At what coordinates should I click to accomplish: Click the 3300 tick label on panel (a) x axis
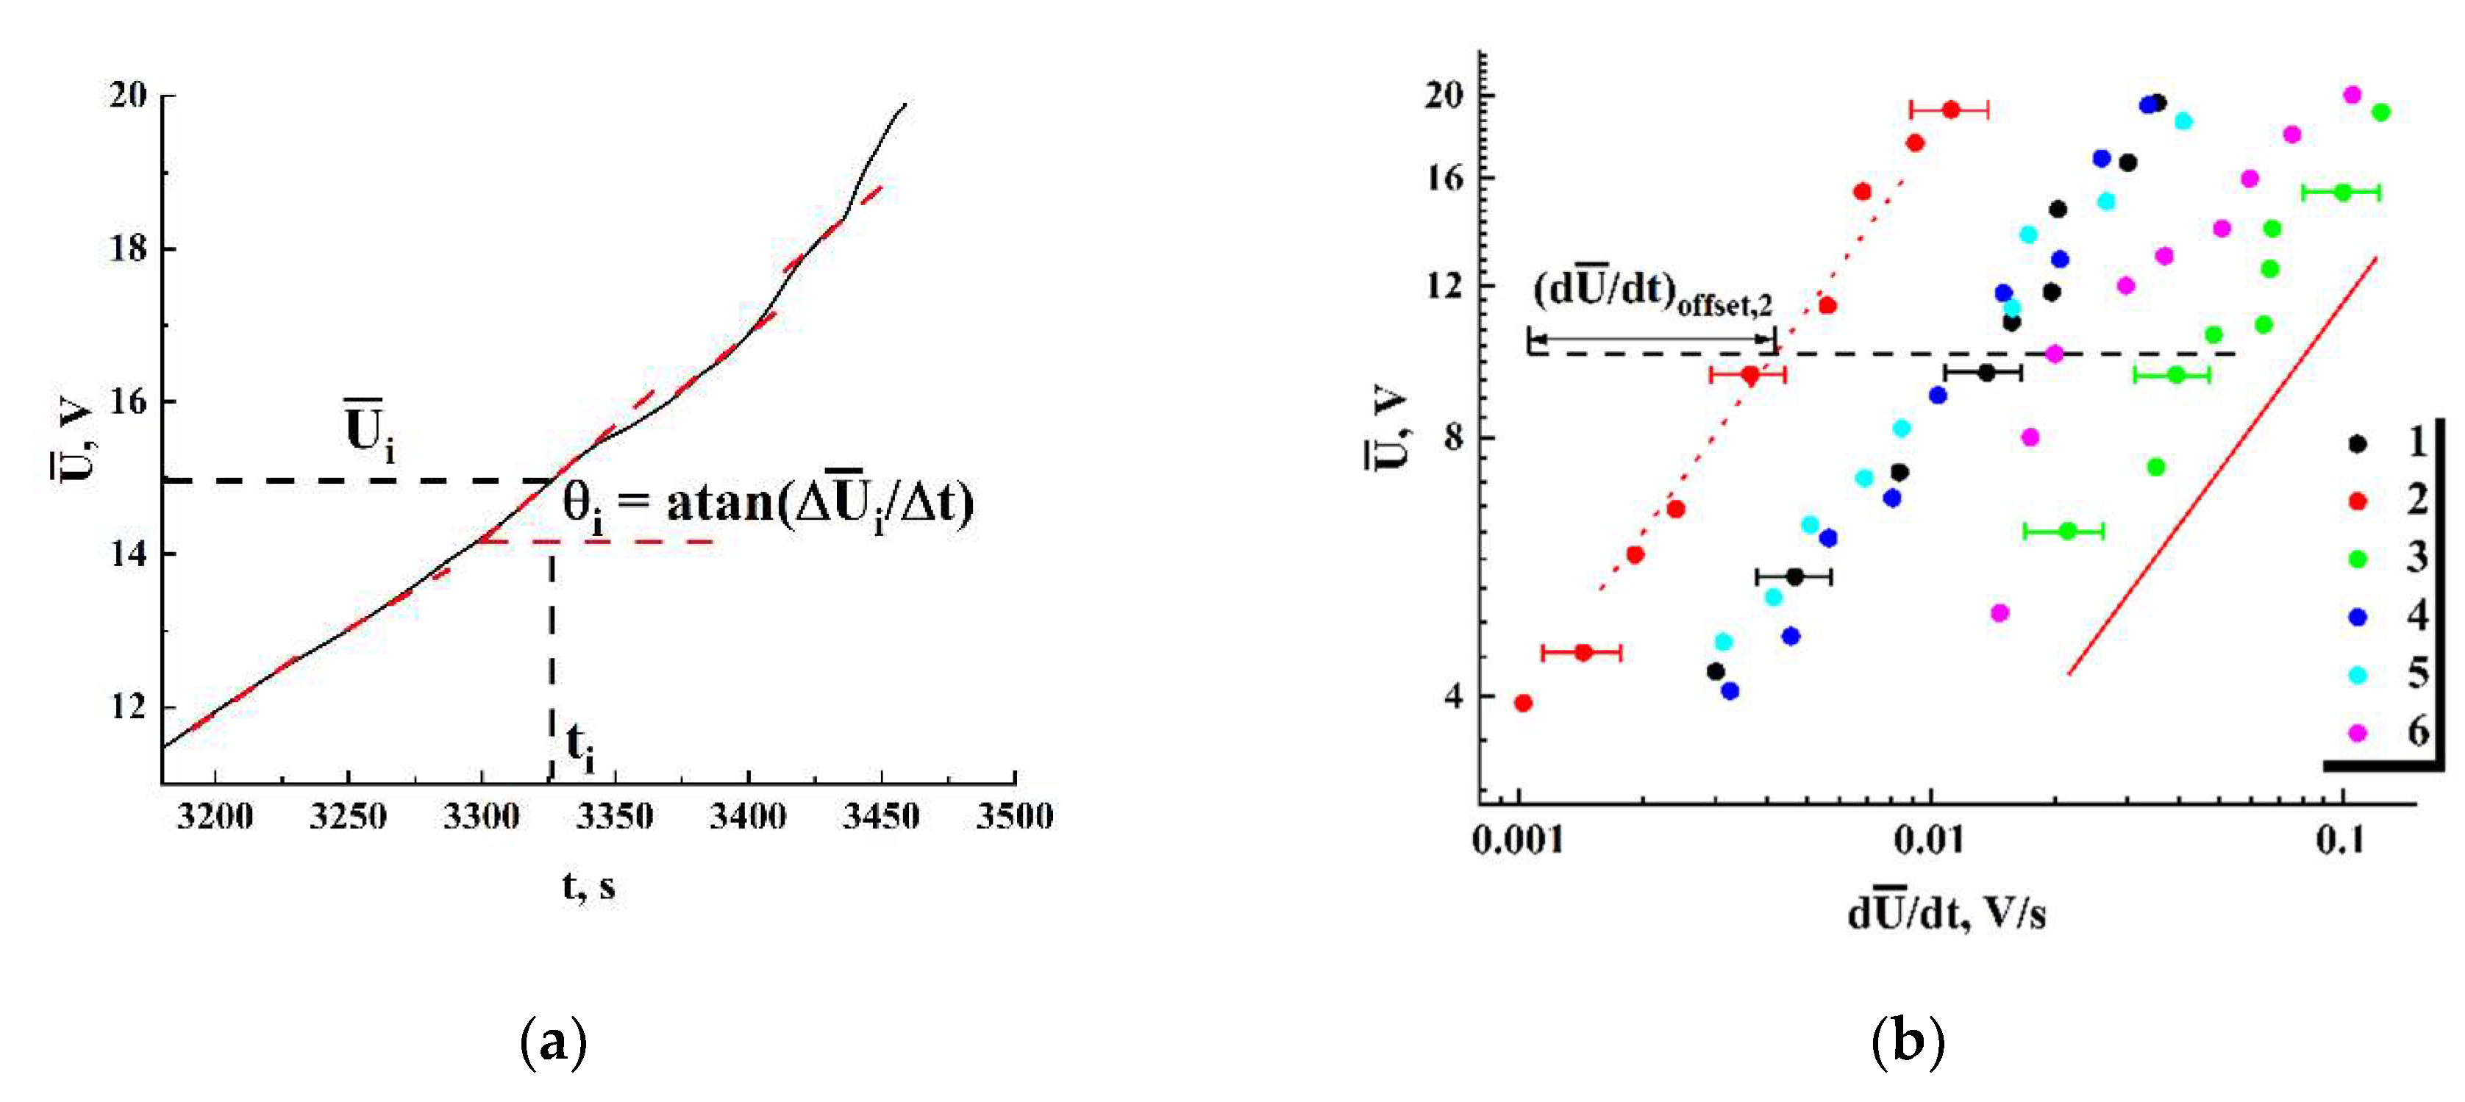coord(482,816)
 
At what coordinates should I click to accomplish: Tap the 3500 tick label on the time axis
coord(1013,816)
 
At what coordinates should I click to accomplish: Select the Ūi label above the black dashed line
coord(369,432)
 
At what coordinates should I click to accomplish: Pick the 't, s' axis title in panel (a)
coord(588,887)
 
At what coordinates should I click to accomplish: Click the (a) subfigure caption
coord(553,1042)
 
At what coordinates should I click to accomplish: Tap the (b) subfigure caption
coord(1907,1042)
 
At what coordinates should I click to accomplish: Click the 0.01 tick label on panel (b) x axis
coord(1930,840)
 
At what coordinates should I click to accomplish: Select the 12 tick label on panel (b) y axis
coord(1445,285)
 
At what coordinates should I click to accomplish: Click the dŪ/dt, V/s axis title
coord(1947,914)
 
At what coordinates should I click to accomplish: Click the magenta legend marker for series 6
coord(2358,733)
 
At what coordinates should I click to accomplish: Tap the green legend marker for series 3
coord(2358,559)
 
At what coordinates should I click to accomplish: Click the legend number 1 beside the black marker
coord(2418,442)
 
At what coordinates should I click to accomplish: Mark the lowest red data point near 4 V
coord(1524,703)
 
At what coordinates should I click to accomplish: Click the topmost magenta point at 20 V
coord(2352,95)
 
